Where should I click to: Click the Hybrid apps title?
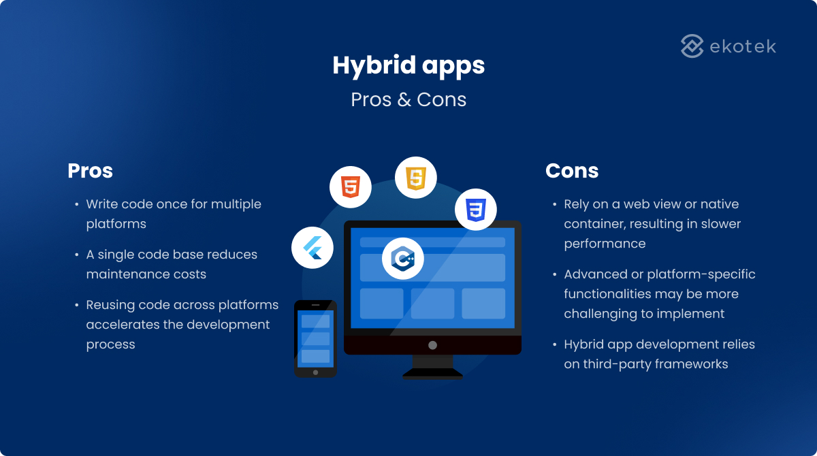[x=408, y=66]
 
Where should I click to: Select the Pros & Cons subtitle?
[x=408, y=99]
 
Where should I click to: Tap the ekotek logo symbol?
[x=692, y=46]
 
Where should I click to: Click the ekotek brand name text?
[x=743, y=47]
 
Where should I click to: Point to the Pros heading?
[x=90, y=171]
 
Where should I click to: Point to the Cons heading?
[x=572, y=171]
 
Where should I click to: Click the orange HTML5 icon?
[x=351, y=186]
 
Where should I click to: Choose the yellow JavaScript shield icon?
[x=415, y=178]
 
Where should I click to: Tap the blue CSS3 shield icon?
[x=475, y=209]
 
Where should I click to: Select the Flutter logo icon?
[x=313, y=248]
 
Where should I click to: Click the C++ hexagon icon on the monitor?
[x=403, y=259]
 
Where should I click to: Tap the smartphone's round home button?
[x=315, y=372]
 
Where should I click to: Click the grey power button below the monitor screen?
[x=432, y=345]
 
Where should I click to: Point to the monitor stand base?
[x=432, y=373]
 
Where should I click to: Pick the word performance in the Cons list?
[x=605, y=244]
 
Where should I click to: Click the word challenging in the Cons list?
[x=605, y=314]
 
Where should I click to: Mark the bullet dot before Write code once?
[x=76, y=204]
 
